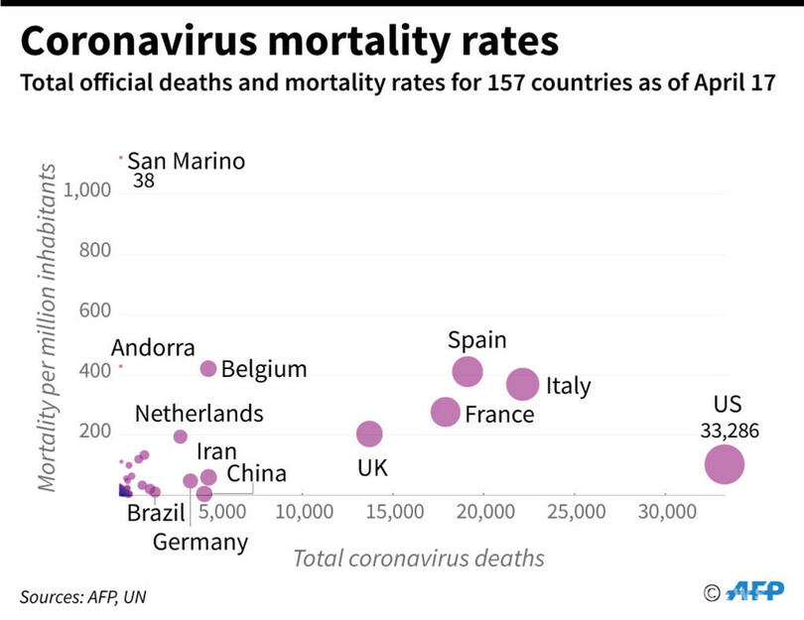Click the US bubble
click(725, 463)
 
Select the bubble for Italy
click(522, 384)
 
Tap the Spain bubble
click(468, 372)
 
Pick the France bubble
click(446, 412)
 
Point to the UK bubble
click(369, 434)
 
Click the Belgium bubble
click(208, 369)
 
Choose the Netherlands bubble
click(180, 436)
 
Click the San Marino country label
click(186, 162)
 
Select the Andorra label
click(153, 348)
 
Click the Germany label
click(201, 542)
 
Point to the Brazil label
click(157, 513)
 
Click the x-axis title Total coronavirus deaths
click(418, 558)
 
